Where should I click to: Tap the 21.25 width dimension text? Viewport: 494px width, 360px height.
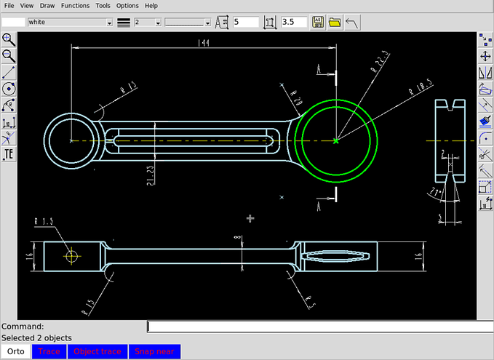click(x=151, y=175)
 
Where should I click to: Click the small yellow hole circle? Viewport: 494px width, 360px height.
click(x=71, y=255)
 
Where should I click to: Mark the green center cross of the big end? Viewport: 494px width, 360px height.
click(x=335, y=140)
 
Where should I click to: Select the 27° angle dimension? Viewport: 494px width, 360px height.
click(x=434, y=191)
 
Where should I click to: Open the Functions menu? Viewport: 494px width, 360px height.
click(x=75, y=5)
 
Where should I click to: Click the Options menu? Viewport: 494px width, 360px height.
click(x=127, y=5)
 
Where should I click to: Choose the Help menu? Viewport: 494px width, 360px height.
click(x=151, y=5)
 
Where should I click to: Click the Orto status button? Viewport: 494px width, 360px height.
click(x=15, y=352)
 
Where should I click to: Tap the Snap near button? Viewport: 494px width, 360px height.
click(x=154, y=352)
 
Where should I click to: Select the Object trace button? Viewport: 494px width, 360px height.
click(x=97, y=352)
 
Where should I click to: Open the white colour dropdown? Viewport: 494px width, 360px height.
click(x=109, y=23)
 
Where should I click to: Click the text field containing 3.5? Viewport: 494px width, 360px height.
click(x=293, y=23)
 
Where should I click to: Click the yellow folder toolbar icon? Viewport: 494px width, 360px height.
click(x=335, y=23)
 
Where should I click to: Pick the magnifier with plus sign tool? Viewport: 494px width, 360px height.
click(x=9, y=39)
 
